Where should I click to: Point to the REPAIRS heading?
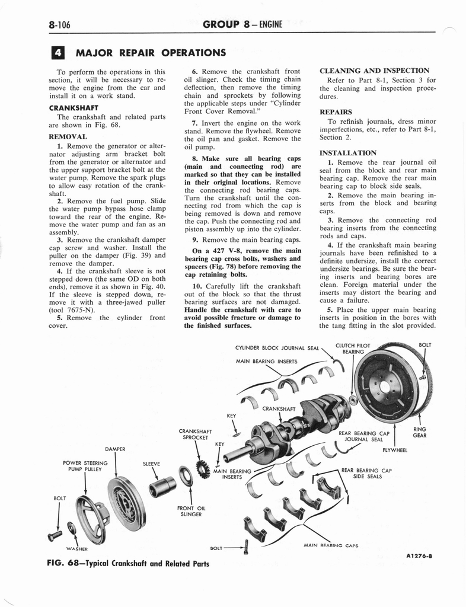pos(336,111)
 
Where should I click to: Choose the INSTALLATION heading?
pos(347,152)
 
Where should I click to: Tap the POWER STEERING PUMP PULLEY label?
pos(85,466)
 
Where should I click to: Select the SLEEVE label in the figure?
pos(152,464)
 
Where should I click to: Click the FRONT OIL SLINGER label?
pos(190,511)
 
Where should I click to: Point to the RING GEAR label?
pos(420,432)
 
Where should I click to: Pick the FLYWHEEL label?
pos(395,450)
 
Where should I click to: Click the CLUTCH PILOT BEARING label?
pos(352,348)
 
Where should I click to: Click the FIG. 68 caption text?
pos(127,563)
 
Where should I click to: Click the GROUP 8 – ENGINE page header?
pos(242,24)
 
